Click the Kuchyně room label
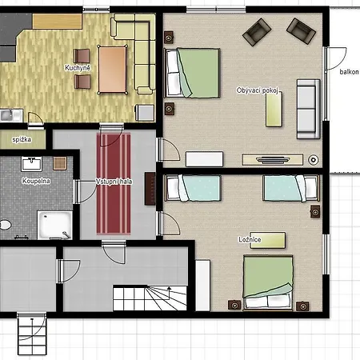78,68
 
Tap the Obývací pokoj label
257,90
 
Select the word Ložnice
250,239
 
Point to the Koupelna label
36,181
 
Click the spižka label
22,139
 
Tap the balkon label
349,72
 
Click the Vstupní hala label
114,182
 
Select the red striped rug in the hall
114,183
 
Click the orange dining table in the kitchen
112,70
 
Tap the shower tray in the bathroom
54,225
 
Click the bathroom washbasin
31,164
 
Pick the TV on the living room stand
273,160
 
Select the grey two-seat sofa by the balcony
309,109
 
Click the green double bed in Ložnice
268,282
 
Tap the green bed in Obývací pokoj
192,73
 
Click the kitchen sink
11,115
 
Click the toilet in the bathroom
5,225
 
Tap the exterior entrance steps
32,334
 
